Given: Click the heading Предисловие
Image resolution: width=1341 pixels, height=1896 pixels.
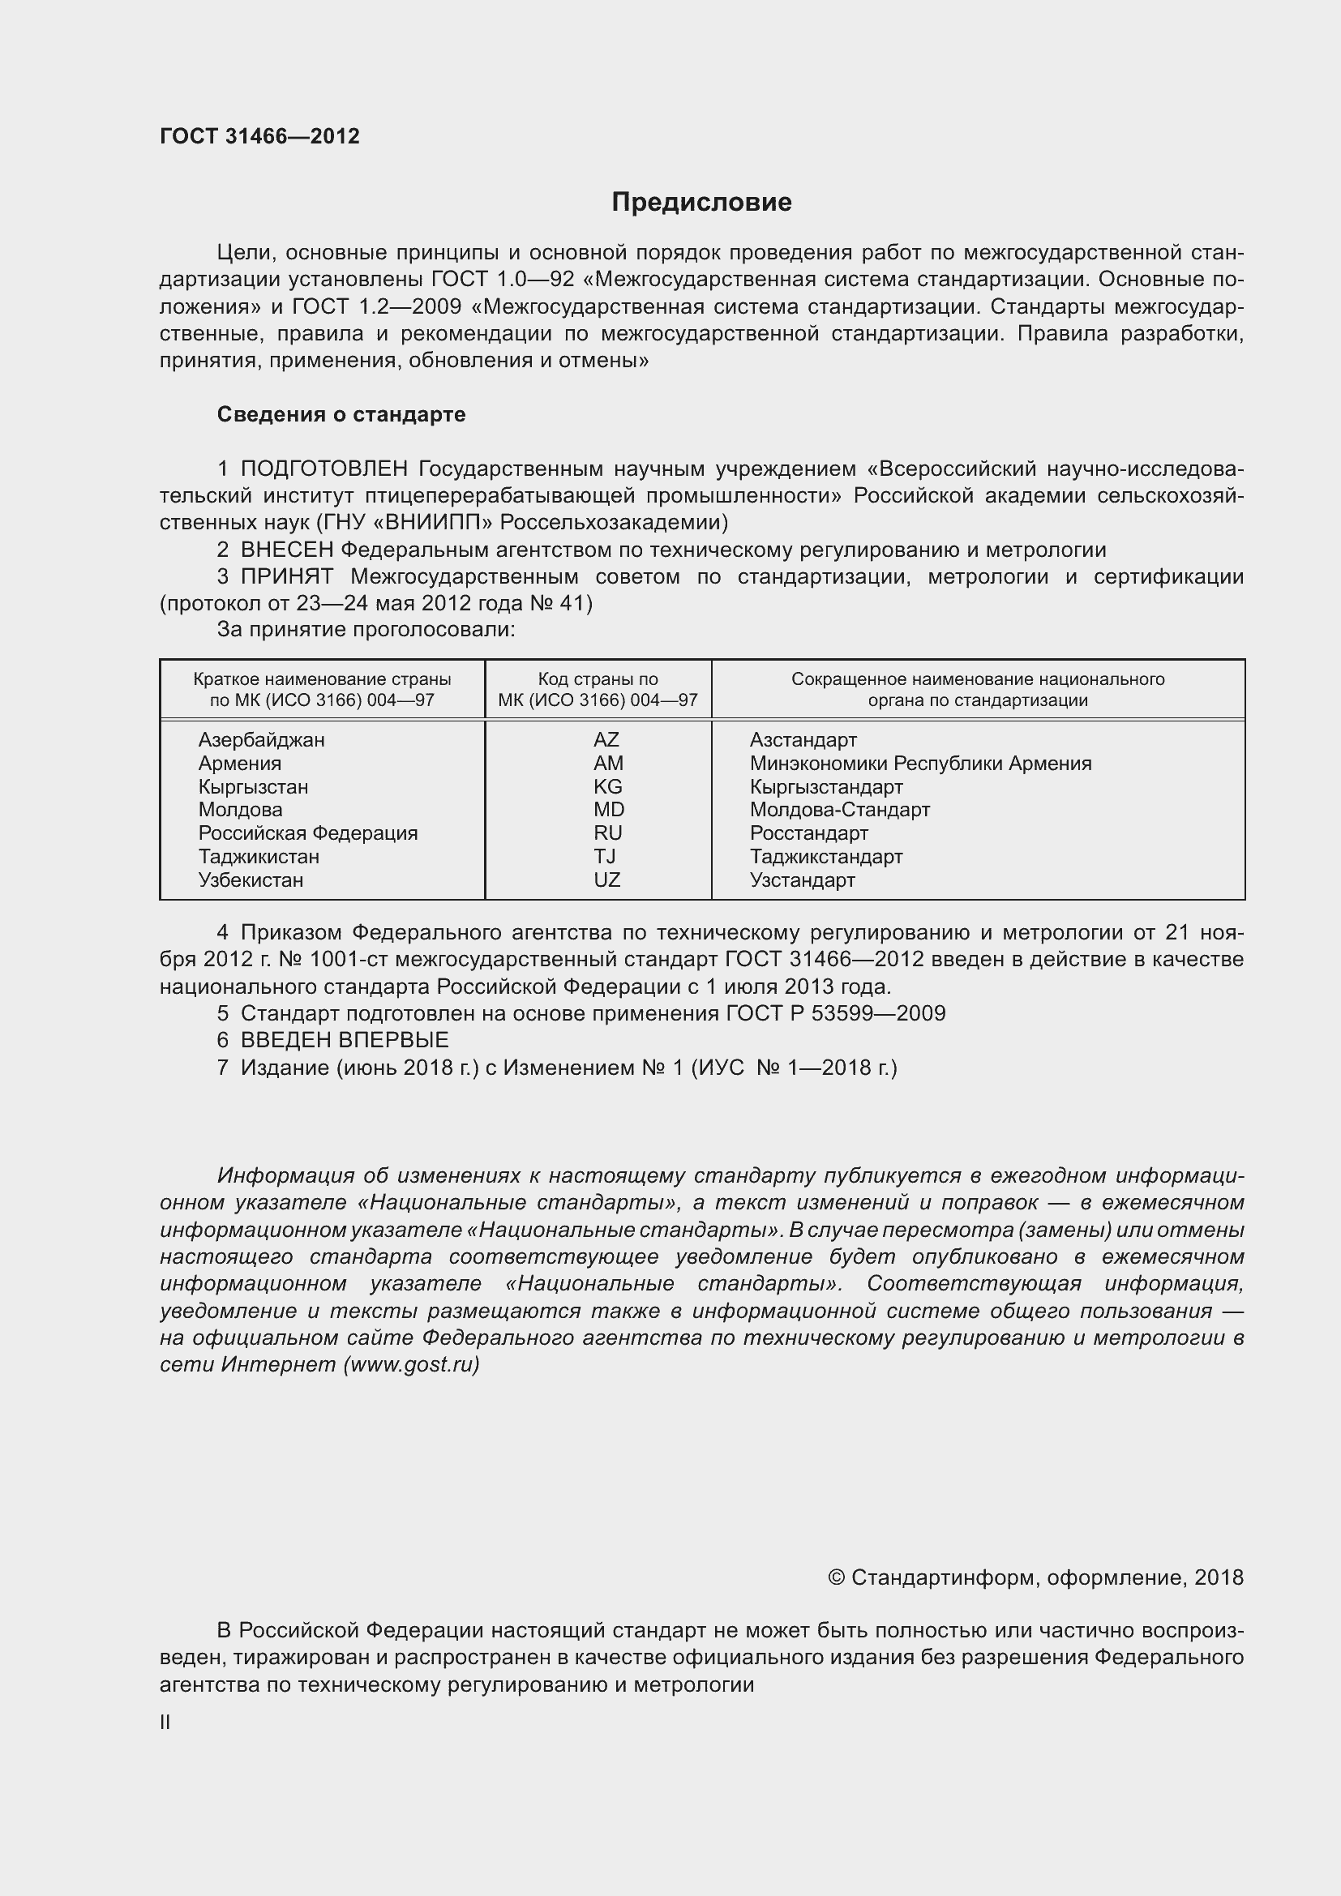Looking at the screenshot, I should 701,203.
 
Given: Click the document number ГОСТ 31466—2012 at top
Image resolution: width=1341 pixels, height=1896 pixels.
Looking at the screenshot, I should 259,136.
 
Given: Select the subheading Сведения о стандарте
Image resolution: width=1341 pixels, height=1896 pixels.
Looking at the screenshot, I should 341,414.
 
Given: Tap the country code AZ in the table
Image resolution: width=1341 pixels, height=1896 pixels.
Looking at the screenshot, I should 606,740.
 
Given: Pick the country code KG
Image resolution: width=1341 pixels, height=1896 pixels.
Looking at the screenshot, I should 608,786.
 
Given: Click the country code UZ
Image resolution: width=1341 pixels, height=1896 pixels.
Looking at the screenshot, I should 607,880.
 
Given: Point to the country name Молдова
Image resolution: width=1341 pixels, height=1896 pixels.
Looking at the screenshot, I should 240,809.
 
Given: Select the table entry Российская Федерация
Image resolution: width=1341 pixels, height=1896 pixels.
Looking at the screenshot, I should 308,832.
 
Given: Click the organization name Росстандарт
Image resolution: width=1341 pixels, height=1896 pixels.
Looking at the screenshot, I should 808,833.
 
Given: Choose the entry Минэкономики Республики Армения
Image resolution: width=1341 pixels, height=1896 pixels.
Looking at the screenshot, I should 920,763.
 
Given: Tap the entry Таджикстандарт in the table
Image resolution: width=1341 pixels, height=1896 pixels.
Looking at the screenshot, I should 825,856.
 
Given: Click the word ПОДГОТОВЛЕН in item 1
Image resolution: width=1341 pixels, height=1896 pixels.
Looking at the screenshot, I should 323,469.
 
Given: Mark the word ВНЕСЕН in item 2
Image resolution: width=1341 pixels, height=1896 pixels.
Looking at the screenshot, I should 286,550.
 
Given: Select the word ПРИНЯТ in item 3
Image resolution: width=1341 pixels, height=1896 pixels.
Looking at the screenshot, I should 286,576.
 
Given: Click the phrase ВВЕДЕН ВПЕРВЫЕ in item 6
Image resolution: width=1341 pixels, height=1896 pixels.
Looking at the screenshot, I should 345,1040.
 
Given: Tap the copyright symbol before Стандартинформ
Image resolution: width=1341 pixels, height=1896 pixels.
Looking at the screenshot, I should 836,1578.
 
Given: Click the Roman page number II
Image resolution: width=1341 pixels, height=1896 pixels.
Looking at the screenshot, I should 165,1723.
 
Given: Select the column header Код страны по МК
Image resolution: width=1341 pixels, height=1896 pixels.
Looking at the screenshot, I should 598,690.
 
